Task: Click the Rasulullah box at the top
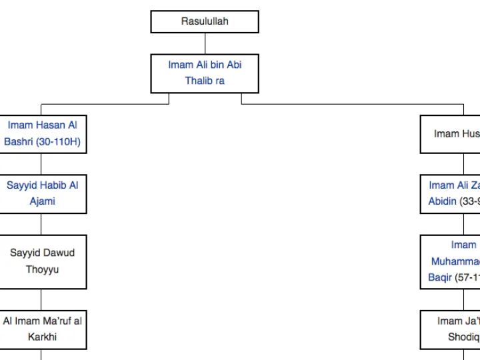coord(205,21)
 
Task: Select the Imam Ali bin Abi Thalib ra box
coord(205,73)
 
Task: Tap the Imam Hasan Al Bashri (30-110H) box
coord(43,133)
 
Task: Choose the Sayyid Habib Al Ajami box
coord(43,193)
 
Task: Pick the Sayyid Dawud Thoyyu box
coord(43,261)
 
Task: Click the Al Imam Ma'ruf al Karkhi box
coord(43,329)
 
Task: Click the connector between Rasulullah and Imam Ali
coord(205,43)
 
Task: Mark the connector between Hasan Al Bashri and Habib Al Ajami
coord(41,164)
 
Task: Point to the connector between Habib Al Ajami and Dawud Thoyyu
coord(41,224)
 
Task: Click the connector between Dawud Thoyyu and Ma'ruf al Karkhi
coord(41,299)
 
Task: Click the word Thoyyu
coord(43,269)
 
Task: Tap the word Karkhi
coord(43,337)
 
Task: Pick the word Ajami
coord(43,201)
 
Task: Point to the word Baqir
coord(440,277)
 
